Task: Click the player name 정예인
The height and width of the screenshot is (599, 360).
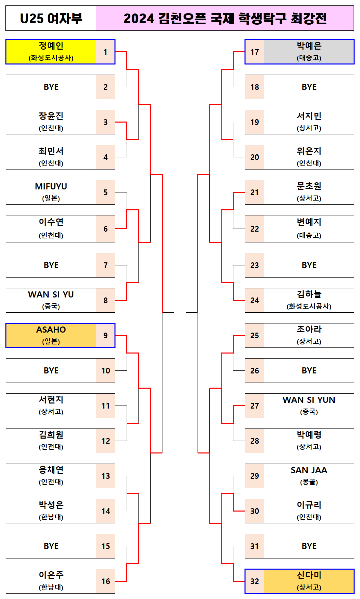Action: click(51, 46)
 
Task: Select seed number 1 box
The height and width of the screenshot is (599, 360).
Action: click(105, 52)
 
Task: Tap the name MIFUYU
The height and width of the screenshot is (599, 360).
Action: click(51, 186)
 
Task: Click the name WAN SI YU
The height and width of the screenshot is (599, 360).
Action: click(51, 294)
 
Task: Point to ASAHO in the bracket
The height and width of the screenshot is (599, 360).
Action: click(51, 330)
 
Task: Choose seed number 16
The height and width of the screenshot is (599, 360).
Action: click(106, 581)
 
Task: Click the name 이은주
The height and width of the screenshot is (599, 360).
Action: click(51, 575)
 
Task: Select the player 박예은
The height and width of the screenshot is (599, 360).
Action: click(309, 46)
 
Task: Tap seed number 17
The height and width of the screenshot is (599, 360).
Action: click(255, 52)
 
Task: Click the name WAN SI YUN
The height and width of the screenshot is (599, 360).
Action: click(309, 400)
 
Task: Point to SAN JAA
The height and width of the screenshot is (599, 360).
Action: click(309, 470)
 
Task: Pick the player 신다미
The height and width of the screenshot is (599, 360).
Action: click(309, 575)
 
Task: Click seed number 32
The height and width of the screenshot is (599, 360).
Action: click(255, 581)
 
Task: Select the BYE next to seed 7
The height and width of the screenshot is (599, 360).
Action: click(51, 265)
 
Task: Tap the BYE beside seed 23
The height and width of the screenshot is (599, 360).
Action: click(309, 265)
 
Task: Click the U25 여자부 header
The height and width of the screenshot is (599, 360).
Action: click(51, 18)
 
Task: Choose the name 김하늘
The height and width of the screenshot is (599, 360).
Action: click(309, 294)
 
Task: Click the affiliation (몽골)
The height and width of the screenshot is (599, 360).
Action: click(309, 482)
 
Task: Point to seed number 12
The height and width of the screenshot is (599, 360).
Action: click(106, 441)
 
